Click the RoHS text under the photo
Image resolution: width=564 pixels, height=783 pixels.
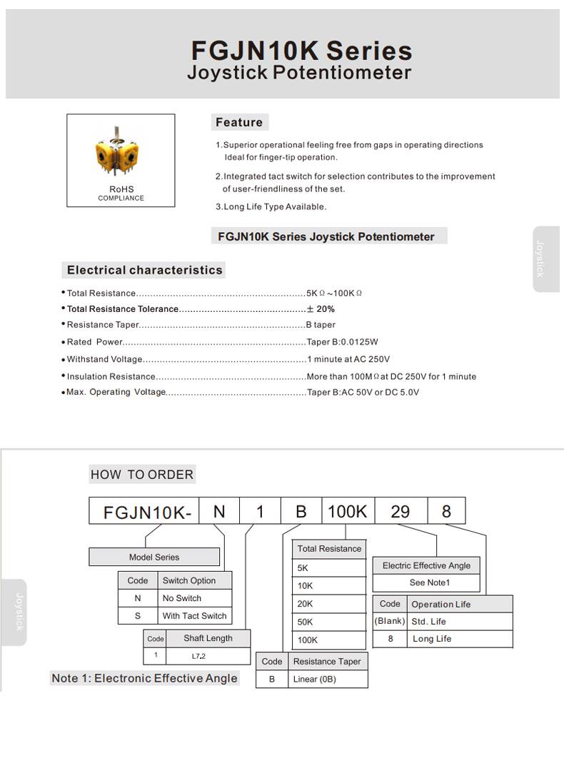click(121, 189)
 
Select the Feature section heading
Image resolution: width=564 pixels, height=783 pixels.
click(239, 122)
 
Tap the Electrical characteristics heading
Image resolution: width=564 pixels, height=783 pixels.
click(145, 270)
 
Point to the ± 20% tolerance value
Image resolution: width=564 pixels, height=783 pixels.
click(321, 309)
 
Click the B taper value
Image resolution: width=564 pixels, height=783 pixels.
click(321, 325)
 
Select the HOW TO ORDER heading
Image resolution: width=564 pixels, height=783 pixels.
click(142, 475)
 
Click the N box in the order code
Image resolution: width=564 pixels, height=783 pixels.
click(220, 512)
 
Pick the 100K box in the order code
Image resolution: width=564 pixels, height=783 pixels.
click(347, 512)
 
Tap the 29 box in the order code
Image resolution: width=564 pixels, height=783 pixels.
click(401, 512)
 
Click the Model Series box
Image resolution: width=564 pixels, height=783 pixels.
click(154, 557)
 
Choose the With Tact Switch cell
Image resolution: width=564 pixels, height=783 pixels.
click(194, 616)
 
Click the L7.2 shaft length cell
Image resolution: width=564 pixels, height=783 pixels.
click(198, 655)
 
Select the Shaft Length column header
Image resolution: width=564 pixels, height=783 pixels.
click(208, 638)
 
